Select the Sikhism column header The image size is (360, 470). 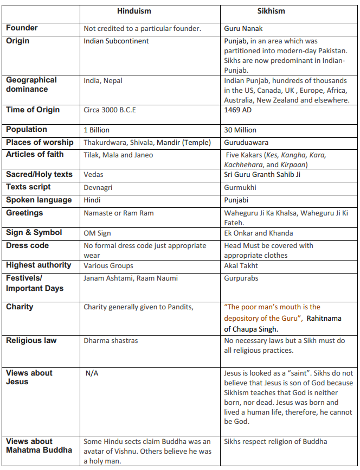[271, 11]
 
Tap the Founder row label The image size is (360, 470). [22, 28]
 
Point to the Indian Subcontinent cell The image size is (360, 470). [116, 41]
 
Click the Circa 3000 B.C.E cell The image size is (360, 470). [110, 110]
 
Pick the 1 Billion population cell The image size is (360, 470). [97, 130]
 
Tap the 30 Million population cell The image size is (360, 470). [240, 130]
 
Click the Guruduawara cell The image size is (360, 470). [246, 143]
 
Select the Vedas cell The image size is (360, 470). [93, 175]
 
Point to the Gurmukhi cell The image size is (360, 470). [240, 187]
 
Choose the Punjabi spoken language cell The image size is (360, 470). [237, 200]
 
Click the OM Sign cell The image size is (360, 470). [97, 233]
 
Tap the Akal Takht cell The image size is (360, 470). [241, 265]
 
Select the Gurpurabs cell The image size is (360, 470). [242, 278]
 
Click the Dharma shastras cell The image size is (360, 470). [111, 341]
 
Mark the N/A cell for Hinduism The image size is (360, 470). [92, 373]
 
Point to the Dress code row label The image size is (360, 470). [27, 246]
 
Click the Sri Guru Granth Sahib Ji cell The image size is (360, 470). [262, 175]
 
